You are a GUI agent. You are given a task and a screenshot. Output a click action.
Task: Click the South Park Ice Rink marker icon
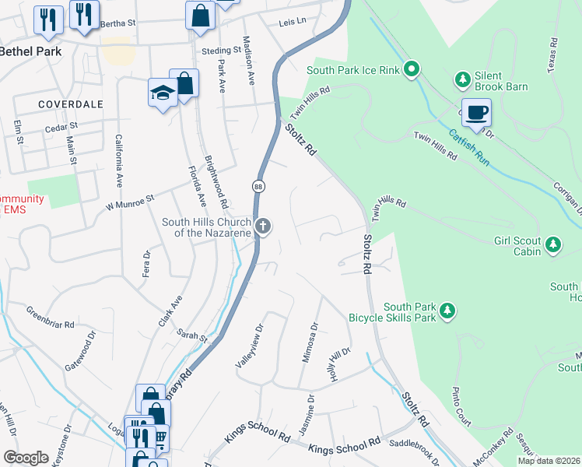pos(412,70)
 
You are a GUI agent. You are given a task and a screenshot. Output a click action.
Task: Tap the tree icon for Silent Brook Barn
pos(462,79)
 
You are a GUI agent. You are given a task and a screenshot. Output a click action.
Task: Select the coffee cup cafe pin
pos(476,113)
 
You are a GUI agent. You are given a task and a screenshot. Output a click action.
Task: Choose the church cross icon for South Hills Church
pos(264,226)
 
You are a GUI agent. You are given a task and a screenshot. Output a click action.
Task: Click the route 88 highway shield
pos(258,186)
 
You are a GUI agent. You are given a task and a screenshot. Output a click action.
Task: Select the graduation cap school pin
pos(162,93)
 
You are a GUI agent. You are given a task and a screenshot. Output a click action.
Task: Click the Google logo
pos(25,458)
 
